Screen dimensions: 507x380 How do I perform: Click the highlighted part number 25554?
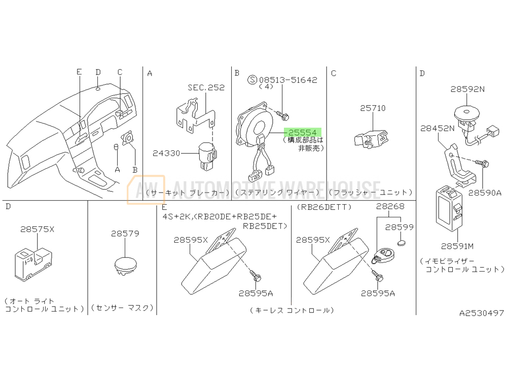pos(303,132)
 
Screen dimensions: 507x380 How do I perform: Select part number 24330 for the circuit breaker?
pos(166,153)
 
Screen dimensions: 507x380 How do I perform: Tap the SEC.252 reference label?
pos(206,88)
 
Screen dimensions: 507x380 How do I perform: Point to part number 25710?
pos(373,108)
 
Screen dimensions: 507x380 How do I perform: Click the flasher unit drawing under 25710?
pos(371,139)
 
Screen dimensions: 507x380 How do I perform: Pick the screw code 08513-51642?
pos(288,80)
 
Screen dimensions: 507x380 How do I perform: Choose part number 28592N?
pos(467,89)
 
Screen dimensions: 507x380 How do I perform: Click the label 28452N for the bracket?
pos(437,128)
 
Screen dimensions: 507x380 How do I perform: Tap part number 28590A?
pos(485,193)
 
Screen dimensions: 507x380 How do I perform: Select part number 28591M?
pos(457,246)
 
